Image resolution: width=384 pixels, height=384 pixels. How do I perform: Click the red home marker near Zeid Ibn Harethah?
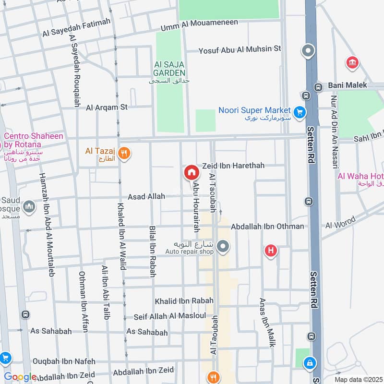191,172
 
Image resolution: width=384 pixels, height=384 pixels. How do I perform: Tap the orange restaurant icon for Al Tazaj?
124,153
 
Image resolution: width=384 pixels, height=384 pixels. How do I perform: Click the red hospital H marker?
271,251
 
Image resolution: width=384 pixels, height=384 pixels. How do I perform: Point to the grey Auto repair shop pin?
223,247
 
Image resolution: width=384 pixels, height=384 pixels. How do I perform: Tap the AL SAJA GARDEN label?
169,68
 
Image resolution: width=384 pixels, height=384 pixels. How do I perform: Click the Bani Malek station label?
348,85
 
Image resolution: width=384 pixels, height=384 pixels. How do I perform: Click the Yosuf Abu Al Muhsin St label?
240,48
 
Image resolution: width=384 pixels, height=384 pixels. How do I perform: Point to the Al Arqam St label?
107,107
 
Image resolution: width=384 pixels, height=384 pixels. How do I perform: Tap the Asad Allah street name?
146,196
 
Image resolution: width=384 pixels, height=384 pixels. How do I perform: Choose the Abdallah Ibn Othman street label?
267,226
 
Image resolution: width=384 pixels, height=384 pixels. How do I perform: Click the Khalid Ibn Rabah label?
184,301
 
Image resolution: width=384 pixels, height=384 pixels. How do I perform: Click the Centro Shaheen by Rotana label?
34,140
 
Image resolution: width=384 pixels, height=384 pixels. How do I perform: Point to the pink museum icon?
353,62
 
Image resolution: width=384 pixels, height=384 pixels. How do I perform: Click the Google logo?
20,377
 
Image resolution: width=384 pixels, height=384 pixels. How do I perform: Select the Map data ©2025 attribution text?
357,380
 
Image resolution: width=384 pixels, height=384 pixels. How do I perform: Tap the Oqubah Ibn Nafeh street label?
64,361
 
